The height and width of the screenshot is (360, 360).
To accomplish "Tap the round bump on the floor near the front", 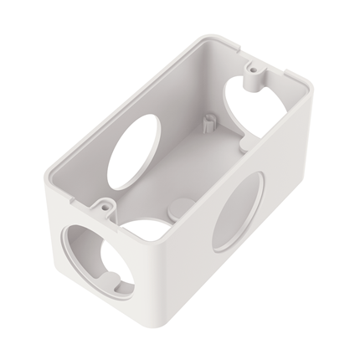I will point(177,203).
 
